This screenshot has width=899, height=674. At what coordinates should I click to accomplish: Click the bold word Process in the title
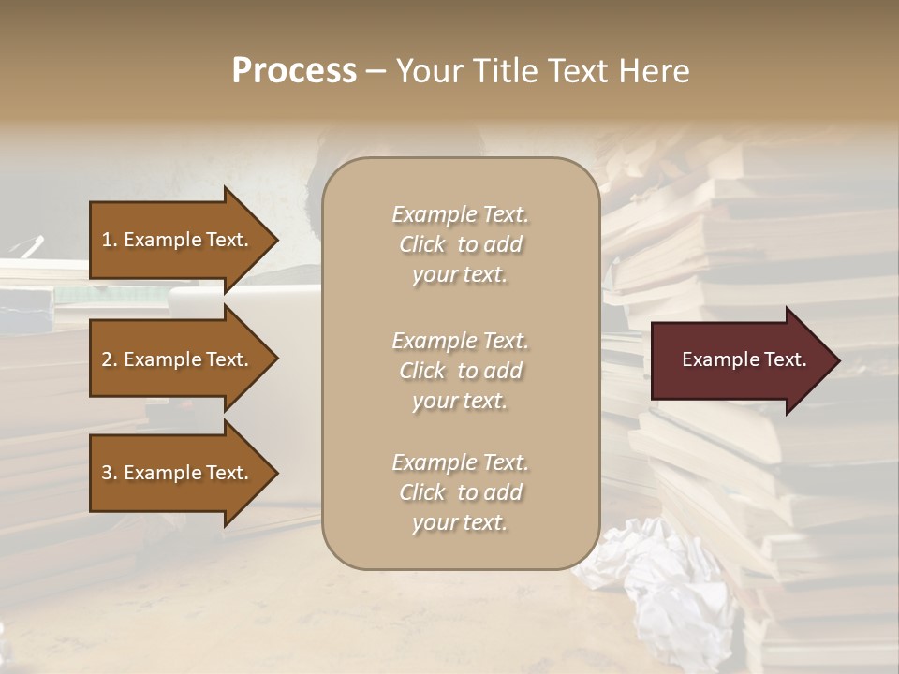coord(294,71)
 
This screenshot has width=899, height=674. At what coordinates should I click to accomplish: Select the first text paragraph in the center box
coord(460,244)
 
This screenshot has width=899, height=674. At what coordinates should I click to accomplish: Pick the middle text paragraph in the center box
coord(460,370)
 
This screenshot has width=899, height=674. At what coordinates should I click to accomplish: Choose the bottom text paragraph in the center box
coord(460,492)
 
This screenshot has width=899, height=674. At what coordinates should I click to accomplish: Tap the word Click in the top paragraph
coord(422,244)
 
